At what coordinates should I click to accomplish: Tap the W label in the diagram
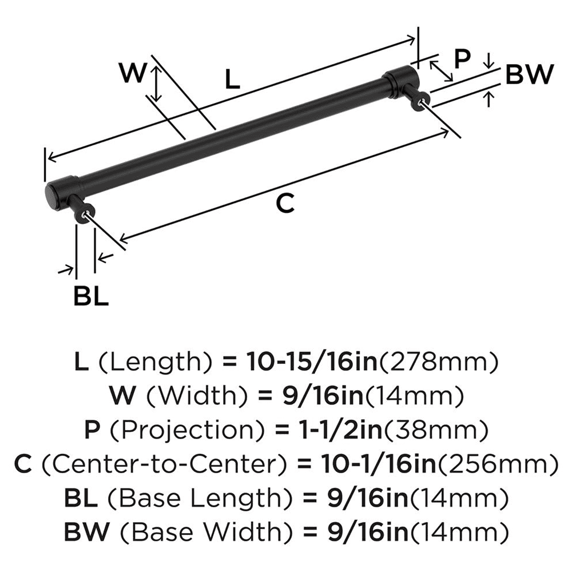click(133, 73)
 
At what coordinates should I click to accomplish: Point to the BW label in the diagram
click(530, 74)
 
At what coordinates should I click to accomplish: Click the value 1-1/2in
click(328, 429)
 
